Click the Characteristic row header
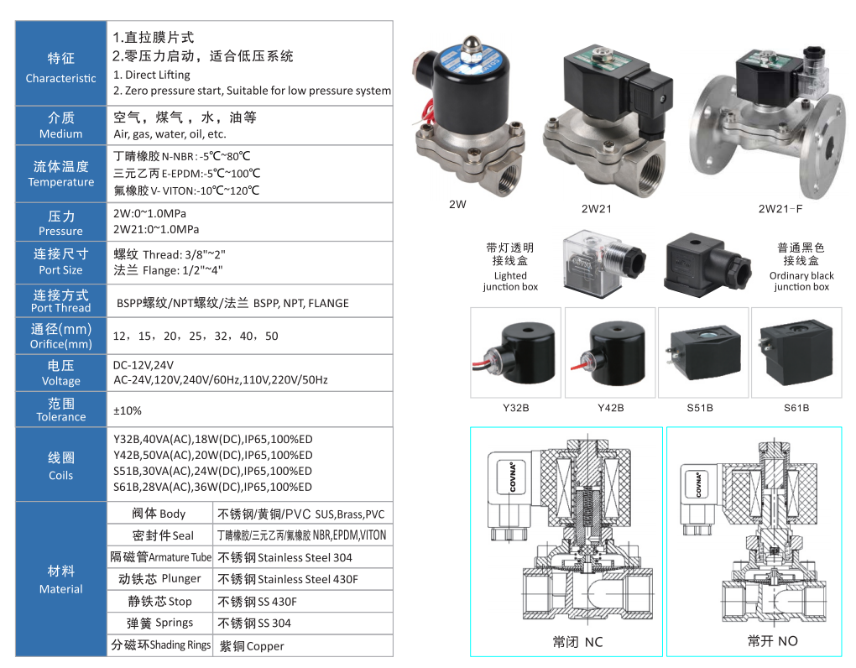[61, 67]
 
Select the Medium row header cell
[61, 125]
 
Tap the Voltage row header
[61, 373]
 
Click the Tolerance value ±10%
[128, 410]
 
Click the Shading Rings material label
[161, 645]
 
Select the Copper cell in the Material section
[252, 646]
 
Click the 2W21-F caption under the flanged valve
[780, 208]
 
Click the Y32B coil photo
[516, 351]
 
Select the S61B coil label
[796, 408]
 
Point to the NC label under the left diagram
[577, 642]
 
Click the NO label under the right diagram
[772, 641]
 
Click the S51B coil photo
[703, 351]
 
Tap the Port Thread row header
[61, 300]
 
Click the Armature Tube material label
[161, 557]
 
